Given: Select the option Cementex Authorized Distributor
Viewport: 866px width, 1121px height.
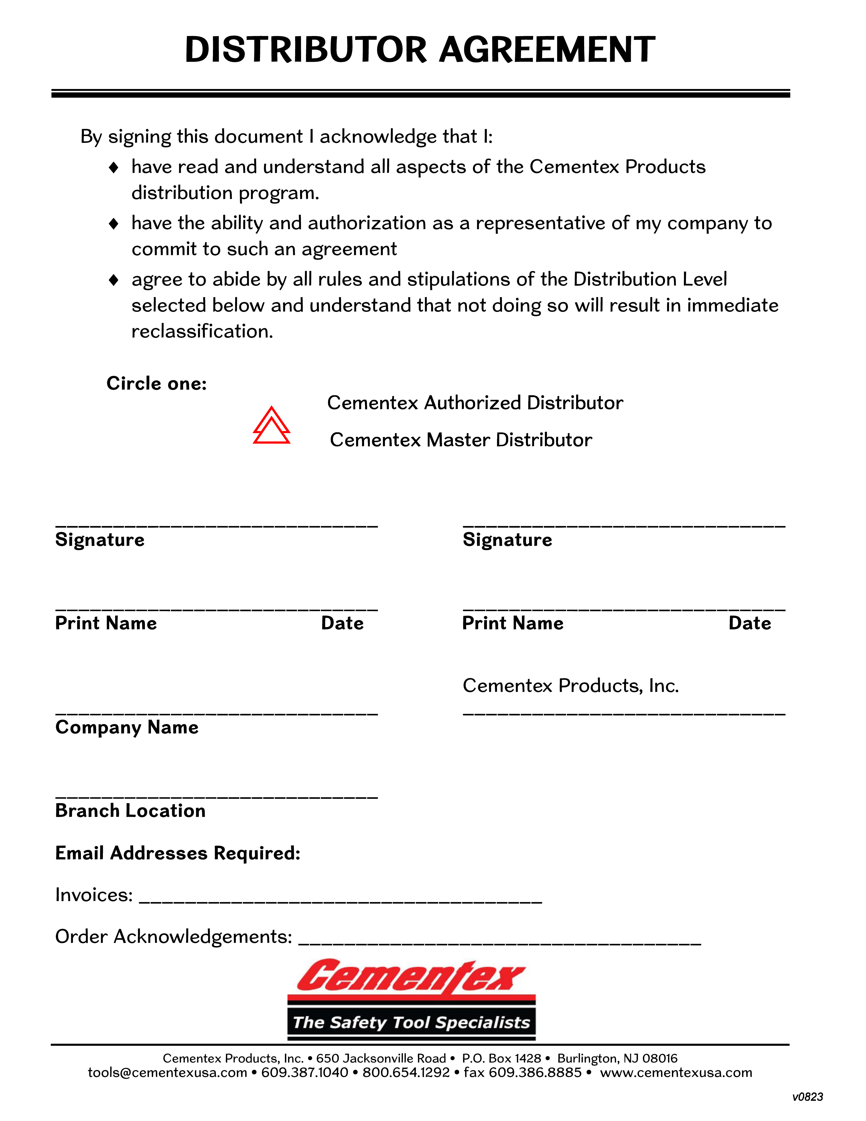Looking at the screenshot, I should pyautogui.click(x=475, y=403).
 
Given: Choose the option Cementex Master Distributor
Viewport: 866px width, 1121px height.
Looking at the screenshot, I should pyautogui.click(x=461, y=440).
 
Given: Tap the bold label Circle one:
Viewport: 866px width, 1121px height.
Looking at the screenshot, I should pyautogui.click(x=157, y=383).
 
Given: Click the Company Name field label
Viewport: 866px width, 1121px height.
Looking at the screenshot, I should pyautogui.click(x=127, y=727).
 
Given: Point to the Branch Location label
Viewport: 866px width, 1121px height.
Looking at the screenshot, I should pyautogui.click(x=130, y=811).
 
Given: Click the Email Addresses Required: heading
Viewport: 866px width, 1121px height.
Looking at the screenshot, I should pyautogui.click(x=177, y=853).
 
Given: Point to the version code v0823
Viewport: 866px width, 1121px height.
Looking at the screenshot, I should pyautogui.click(x=808, y=1097).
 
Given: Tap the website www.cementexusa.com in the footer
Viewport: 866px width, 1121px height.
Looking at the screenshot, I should pyautogui.click(x=676, y=1073).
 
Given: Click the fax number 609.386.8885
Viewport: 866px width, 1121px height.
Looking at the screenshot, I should pyautogui.click(x=535, y=1073).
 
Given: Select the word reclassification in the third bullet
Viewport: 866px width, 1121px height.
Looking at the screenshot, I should pyautogui.click(x=202, y=332).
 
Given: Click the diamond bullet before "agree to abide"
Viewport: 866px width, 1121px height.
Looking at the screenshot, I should pyautogui.click(x=114, y=280).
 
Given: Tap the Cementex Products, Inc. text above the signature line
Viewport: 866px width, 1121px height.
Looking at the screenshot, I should pyautogui.click(x=571, y=686).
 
